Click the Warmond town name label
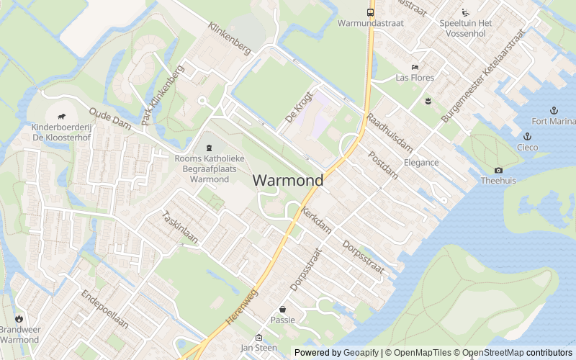tap(288, 180)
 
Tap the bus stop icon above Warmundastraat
tap(371, 12)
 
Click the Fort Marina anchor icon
tap(554, 110)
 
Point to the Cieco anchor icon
tap(527, 136)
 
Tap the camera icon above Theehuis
tap(498, 171)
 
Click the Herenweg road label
tap(241, 305)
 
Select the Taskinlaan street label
tap(179, 228)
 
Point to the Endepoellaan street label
tap(104, 310)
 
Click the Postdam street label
tap(382, 165)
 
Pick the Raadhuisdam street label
tap(390, 132)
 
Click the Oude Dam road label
tap(110, 119)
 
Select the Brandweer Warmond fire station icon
tap(19, 319)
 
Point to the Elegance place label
tap(421, 163)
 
